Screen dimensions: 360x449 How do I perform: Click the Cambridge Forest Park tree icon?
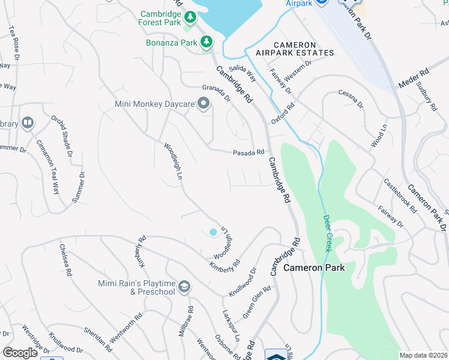coord(190,16)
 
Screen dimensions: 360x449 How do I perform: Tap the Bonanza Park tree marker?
coord(206,41)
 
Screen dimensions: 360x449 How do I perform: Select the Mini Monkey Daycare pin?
coord(204,104)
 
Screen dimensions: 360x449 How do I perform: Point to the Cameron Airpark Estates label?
coord(303,49)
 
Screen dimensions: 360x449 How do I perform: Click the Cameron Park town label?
coord(314,268)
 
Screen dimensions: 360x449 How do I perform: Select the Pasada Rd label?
coord(249,152)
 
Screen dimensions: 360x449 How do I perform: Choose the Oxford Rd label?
coord(283,113)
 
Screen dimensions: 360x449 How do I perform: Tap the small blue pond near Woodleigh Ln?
coord(213,232)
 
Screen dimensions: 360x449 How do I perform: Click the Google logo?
coord(20,353)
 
